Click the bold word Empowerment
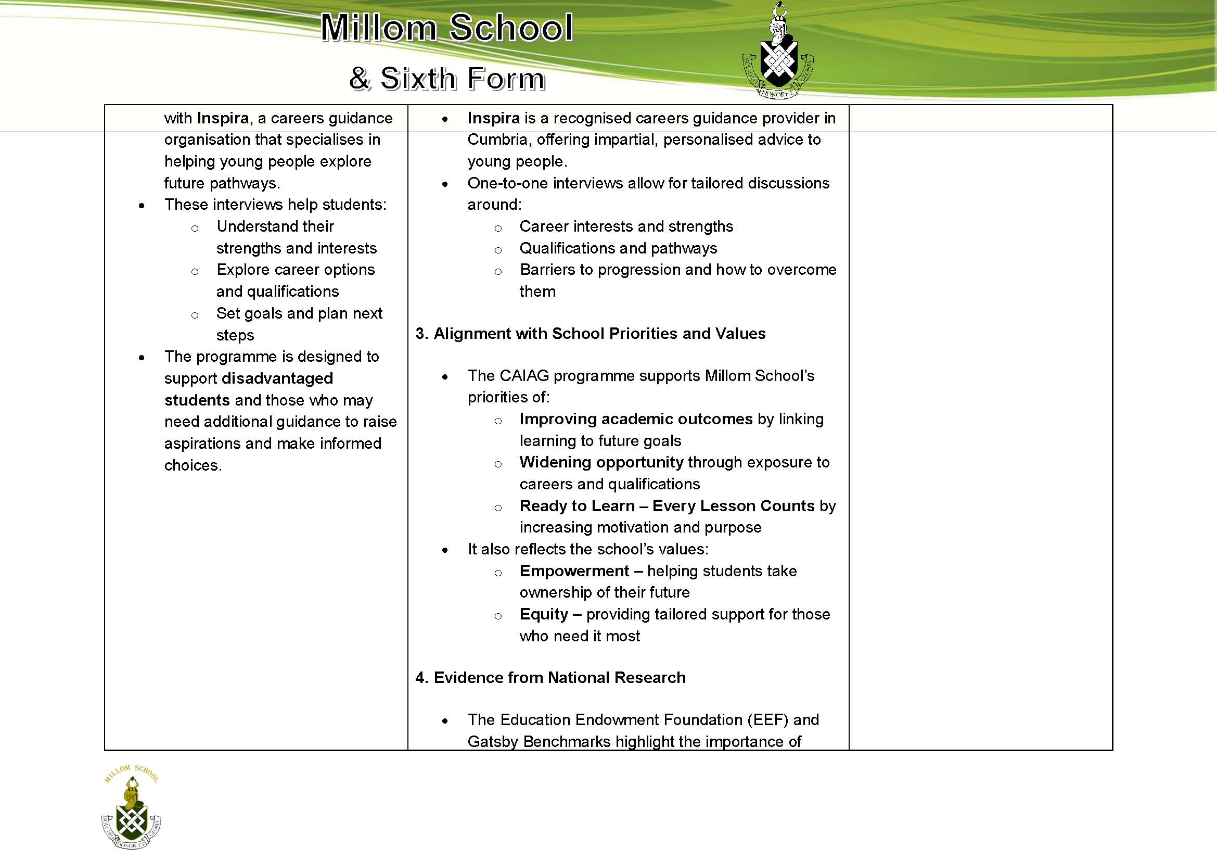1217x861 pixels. click(574, 571)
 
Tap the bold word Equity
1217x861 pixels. click(543, 614)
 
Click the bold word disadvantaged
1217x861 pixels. click(277, 378)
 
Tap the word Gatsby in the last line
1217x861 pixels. click(492, 742)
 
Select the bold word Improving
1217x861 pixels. click(558, 419)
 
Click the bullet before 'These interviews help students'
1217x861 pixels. click(142, 206)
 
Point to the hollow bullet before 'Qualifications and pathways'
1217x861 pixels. click(498, 250)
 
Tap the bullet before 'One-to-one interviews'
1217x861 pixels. click(445, 184)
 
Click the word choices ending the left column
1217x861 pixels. click(192, 465)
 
